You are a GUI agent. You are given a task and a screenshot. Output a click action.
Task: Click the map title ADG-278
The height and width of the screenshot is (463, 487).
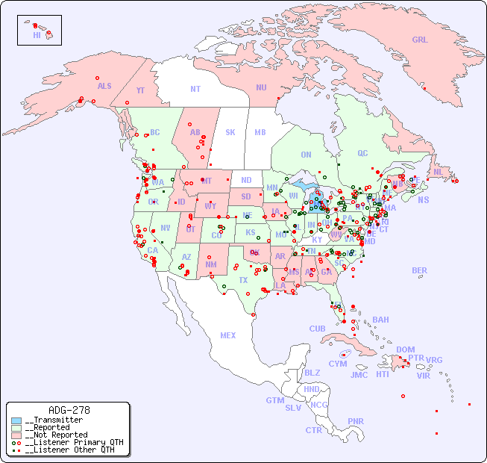click(69, 410)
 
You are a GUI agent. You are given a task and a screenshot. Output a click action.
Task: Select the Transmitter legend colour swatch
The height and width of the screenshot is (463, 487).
click(16, 420)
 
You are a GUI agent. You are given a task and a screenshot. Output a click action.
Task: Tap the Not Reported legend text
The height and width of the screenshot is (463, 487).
click(56, 435)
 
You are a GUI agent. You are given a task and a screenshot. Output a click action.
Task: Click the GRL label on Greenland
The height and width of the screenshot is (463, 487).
click(420, 40)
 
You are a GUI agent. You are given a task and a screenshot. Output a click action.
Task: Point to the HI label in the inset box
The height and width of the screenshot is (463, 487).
click(37, 35)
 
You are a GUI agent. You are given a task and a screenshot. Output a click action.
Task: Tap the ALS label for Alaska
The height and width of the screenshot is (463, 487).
click(104, 86)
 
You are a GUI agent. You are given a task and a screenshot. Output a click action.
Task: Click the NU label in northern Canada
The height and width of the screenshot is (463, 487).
click(261, 87)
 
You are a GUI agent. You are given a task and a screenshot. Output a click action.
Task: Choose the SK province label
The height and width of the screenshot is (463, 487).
click(230, 132)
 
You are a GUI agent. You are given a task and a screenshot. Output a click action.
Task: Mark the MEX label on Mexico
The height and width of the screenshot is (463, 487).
click(228, 335)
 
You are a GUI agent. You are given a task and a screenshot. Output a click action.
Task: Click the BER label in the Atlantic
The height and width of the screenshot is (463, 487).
click(420, 270)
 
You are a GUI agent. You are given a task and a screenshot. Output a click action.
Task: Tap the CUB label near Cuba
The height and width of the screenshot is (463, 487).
click(317, 329)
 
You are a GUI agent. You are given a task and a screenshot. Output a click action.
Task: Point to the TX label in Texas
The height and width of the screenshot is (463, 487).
click(243, 280)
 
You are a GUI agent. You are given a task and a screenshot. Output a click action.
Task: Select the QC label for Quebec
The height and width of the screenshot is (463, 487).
click(362, 153)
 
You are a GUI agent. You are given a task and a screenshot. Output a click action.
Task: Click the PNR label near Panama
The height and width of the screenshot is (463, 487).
click(356, 421)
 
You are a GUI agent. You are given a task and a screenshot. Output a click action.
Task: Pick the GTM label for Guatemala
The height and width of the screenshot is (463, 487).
click(274, 400)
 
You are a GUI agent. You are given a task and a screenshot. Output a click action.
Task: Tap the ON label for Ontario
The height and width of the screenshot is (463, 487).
click(306, 155)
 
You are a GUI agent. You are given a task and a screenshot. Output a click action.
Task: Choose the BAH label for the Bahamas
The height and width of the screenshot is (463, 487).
click(380, 320)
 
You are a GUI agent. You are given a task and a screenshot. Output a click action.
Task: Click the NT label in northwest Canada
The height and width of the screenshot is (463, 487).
click(195, 88)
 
